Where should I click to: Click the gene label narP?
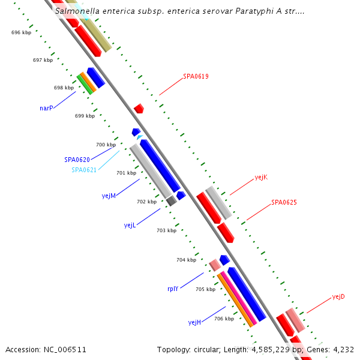46,108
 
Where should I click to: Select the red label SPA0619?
196,77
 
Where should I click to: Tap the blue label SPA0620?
77,160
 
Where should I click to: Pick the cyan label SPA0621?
84,170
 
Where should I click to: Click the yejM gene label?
109,196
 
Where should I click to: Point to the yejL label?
130,225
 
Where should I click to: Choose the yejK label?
261,177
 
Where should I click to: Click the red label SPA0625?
284,202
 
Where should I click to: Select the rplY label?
173,289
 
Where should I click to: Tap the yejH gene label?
194,322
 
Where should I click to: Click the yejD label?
338,296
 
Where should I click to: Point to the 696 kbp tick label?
21,32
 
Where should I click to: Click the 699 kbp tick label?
85,116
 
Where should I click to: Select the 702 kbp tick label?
146,202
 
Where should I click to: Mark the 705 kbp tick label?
205,289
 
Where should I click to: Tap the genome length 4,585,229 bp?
269,349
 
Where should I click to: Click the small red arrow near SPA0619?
139,109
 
